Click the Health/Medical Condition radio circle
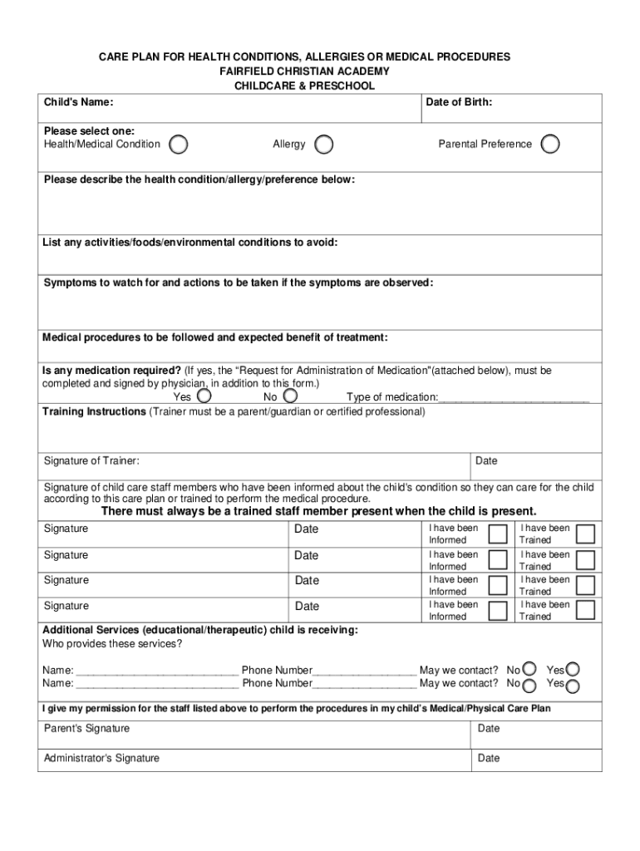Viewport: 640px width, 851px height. [x=178, y=145]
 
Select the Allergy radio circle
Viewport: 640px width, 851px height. [x=324, y=145]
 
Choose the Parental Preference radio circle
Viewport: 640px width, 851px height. [x=549, y=145]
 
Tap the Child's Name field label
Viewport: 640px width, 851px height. [x=79, y=102]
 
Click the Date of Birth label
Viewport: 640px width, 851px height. [x=459, y=102]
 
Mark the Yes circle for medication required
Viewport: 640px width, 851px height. [x=204, y=396]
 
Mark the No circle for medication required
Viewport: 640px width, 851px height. [x=290, y=396]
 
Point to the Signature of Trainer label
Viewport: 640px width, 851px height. [x=91, y=461]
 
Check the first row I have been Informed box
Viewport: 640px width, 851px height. [x=498, y=534]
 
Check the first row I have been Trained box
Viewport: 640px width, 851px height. [x=586, y=534]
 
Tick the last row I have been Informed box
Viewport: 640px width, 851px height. [x=498, y=611]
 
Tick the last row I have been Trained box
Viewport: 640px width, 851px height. [x=586, y=611]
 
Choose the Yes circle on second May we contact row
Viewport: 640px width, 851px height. [x=573, y=686]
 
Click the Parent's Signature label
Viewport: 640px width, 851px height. [x=86, y=729]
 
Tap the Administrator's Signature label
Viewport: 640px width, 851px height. [x=101, y=758]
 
